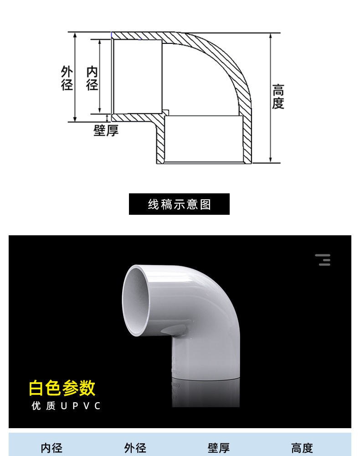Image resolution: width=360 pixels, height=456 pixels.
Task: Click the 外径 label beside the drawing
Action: [x=67, y=78]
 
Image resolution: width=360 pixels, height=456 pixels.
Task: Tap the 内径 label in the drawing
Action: [x=93, y=78]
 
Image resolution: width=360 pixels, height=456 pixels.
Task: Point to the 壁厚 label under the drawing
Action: [x=106, y=130]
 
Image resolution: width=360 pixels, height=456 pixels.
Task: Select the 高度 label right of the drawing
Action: [x=278, y=96]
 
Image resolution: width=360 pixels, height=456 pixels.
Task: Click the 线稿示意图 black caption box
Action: [x=179, y=204]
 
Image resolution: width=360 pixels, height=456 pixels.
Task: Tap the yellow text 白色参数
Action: [x=62, y=388]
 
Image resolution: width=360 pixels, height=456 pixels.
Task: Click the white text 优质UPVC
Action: [x=66, y=406]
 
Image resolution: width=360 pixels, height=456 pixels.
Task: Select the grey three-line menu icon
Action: [x=323, y=260]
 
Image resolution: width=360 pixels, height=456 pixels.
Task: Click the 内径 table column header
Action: [x=51, y=448]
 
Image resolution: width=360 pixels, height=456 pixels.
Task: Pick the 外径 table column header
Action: [x=135, y=448]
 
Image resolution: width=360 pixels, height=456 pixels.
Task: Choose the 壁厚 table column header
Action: [x=219, y=448]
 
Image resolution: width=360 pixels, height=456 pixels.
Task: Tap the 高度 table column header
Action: [x=302, y=448]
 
